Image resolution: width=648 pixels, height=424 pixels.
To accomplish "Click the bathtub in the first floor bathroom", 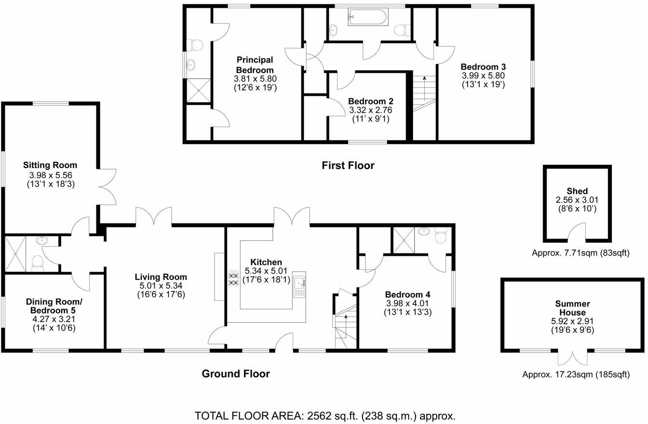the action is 368,17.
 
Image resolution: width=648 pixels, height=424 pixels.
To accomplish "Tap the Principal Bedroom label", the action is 255,65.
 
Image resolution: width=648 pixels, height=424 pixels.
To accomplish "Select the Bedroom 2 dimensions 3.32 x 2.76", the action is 371,110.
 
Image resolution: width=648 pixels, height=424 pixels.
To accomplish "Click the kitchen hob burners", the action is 234,278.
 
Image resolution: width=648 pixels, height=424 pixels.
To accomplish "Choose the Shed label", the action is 577,191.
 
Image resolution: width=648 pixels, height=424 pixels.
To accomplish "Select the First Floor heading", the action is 348,166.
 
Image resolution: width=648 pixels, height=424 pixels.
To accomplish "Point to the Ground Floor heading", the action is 236,374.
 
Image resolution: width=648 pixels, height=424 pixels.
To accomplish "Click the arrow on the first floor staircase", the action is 424,88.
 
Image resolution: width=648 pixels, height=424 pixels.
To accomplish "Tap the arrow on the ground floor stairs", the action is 346,326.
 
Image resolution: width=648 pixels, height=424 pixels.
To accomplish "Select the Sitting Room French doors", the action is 108,187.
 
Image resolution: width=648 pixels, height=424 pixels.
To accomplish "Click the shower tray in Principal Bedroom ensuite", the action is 199,90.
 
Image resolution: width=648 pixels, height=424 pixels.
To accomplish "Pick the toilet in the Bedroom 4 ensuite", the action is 441,236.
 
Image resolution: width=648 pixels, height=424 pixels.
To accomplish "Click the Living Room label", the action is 161,277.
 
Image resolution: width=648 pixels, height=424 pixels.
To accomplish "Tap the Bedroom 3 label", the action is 483,67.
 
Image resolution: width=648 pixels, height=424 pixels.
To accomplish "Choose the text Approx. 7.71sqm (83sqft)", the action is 580,253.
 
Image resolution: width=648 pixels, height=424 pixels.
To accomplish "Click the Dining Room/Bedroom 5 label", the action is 54,306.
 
